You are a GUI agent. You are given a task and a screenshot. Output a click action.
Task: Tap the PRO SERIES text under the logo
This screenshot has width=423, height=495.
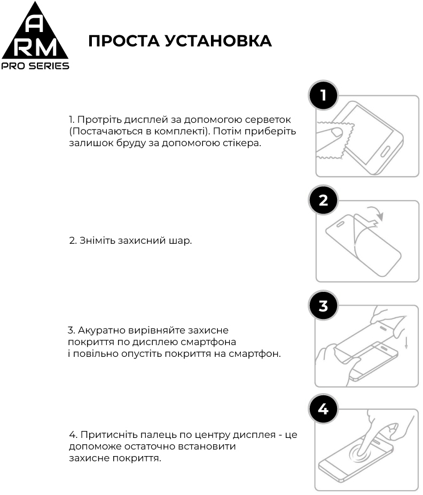pos(35,66)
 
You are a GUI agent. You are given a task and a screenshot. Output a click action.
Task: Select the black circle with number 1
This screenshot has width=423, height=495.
pos(323,95)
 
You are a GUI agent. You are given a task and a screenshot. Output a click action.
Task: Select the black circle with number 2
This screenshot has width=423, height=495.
pos(323,201)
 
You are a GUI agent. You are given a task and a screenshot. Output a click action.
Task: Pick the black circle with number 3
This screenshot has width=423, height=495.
pos(323,306)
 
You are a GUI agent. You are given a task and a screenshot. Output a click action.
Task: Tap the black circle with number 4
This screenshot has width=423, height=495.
pos(323,410)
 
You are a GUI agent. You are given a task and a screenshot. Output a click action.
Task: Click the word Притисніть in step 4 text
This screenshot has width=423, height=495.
pos(103,435)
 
